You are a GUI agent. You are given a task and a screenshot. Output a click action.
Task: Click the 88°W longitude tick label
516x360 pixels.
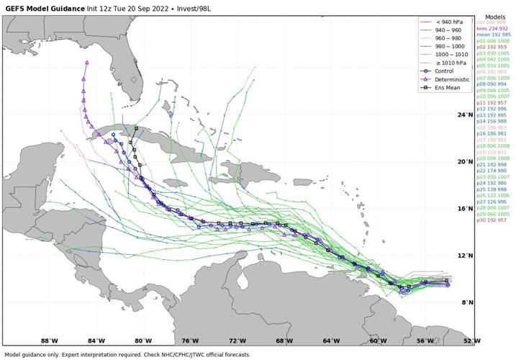pos(49,341)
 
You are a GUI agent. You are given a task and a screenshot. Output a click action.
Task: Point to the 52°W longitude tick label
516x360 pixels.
pos(471,341)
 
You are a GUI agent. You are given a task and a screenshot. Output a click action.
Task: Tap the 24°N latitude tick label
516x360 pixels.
pos(466,114)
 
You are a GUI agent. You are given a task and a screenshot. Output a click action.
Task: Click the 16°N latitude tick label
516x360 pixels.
pos(466,209)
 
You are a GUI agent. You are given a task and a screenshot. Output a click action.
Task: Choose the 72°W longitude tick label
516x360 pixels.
pos(237,341)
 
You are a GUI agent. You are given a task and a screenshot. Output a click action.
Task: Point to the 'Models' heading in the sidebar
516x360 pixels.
pos(494,16)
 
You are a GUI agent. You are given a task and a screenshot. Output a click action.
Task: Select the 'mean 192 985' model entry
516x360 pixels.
pos(494,35)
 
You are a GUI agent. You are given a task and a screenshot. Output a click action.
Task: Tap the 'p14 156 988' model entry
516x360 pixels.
pos(493,122)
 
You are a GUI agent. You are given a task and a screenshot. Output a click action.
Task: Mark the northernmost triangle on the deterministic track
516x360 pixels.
pos(86,63)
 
